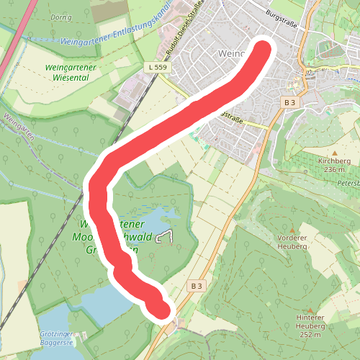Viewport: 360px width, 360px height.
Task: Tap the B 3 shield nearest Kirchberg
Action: point(289,103)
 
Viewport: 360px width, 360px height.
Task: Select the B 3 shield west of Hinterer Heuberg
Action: point(196,286)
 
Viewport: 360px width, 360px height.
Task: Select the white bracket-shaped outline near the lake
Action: point(165,237)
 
